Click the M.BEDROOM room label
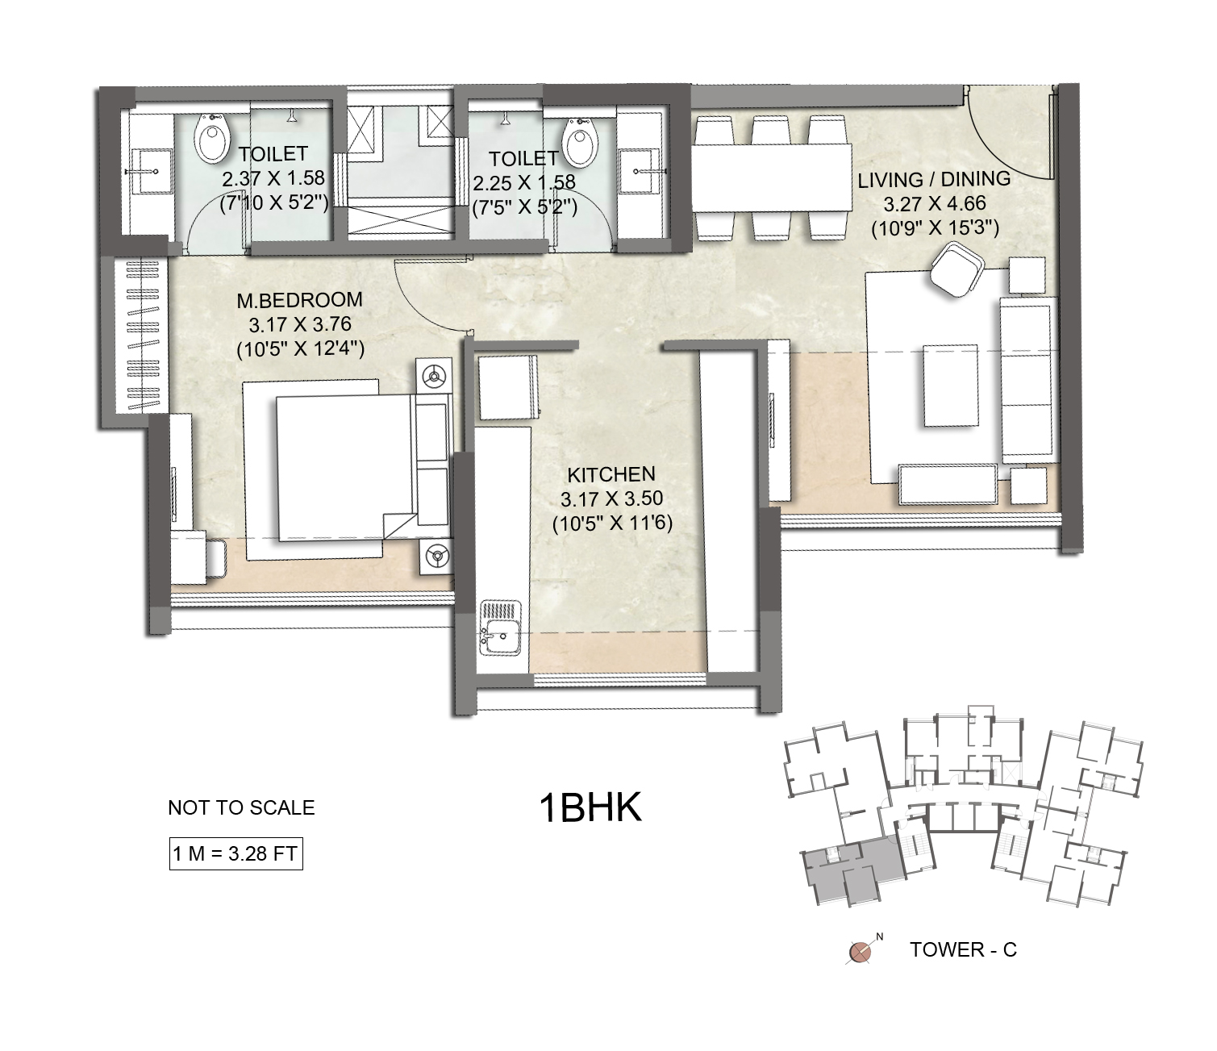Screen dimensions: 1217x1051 pyautogui.click(x=300, y=300)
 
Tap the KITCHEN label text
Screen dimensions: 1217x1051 pyautogui.click(x=611, y=474)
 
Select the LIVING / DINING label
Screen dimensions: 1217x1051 pyautogui.click(x=934, y=179)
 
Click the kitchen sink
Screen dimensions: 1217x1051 pyautogui.click(x=501, y=627)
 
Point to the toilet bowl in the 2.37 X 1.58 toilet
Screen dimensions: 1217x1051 pyautogui.click(x=211, y=140)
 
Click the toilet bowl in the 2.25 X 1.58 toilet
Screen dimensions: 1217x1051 pyautogui.click(x=581, y=142)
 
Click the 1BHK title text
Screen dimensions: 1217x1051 pyautogui.click(x=590, y=808)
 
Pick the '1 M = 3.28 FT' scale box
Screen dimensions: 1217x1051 pyautogui.click(x=235, y=853)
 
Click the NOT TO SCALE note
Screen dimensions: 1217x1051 pyautogui.click(x=241, y=807)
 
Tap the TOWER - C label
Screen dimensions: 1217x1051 pyautogui.click(x=963, y=949)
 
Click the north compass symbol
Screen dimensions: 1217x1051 pyautogui.click(x=861, y=951)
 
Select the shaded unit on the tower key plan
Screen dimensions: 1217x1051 pyautogui.click(x=851, y=867)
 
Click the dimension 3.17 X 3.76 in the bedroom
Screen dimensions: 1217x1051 pyautogui.click(x=300, y=324)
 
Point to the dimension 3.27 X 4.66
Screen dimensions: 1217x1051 pyautogui.click(x=935, y=204)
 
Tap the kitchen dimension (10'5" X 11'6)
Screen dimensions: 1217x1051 pyautogui.click(x=612, y=523)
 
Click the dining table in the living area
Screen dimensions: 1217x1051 pyautogui.click(x=772, y=177)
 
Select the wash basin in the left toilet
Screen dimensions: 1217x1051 pyautogui.click(x=151, y=171)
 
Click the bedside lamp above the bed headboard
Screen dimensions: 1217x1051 pyautogui.click(x=435, y=375)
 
